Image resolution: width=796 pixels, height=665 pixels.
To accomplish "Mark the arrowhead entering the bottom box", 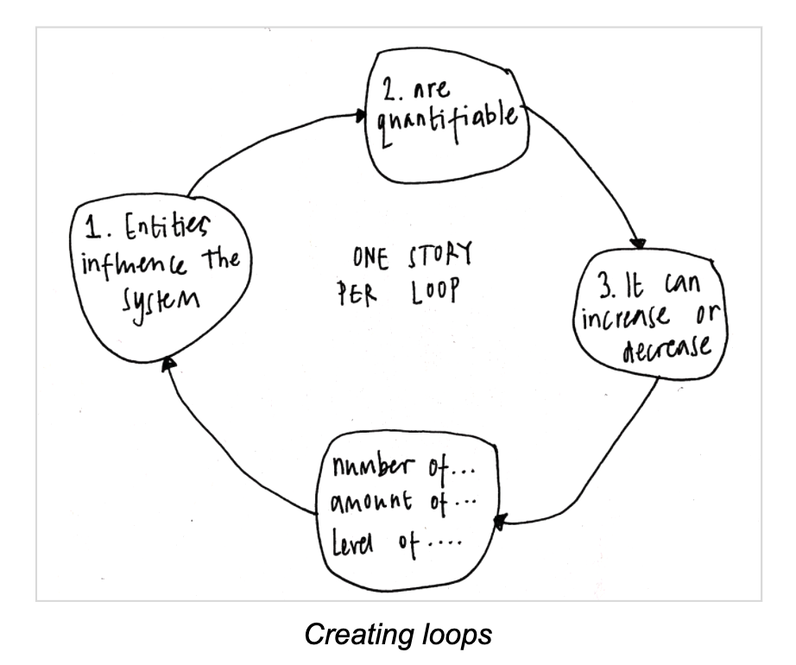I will point(500,520).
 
